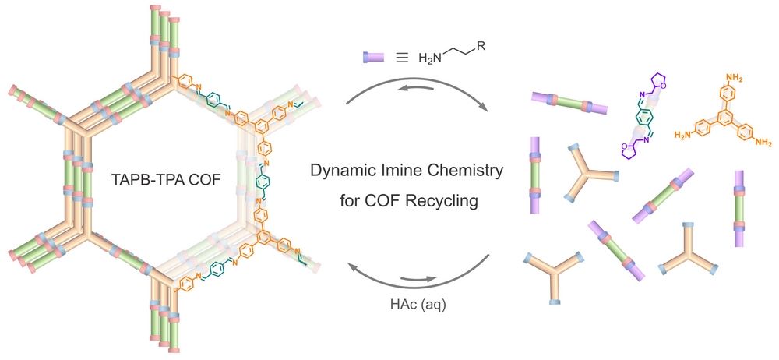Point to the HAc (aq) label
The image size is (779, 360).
point(419,304)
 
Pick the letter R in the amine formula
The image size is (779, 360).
point(484,48)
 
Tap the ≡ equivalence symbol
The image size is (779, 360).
point(400,57)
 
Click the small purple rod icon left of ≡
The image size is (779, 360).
point(375,57)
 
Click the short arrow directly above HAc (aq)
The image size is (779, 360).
point(418,279)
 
